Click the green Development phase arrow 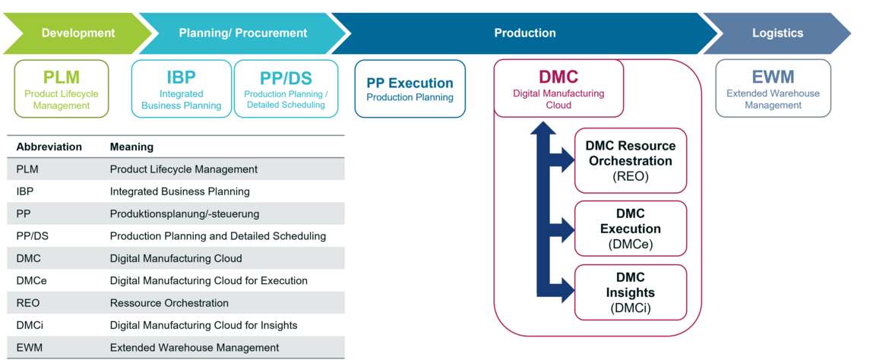78,33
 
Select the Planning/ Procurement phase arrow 243,33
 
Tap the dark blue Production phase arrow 524,33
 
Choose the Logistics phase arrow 777,33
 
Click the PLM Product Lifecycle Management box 61,89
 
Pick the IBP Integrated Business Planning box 182,89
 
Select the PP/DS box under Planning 286,89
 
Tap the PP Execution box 410,89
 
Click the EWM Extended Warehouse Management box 773,89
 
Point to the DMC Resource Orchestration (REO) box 631,160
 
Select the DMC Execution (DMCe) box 631,229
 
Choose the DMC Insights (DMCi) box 631,292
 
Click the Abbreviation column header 49,147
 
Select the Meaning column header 131,147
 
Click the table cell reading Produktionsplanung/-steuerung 185,213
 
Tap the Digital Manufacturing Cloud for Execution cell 209,281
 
